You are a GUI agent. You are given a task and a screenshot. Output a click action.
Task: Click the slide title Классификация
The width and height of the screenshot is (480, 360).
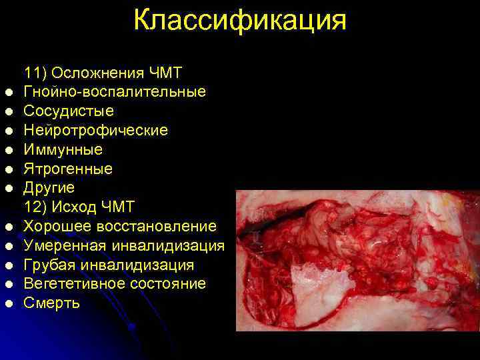(240, 20)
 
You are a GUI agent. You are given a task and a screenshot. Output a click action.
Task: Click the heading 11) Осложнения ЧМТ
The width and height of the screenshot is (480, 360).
(103, 72)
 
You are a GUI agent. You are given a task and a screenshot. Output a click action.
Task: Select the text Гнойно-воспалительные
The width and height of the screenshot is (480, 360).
(115, 91)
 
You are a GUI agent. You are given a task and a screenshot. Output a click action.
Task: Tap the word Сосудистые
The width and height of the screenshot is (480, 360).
(69, 111)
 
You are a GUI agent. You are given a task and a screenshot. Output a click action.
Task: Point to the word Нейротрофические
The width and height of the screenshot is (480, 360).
(95, 130)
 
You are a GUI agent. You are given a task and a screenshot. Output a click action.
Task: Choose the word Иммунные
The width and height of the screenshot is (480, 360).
(63, 149)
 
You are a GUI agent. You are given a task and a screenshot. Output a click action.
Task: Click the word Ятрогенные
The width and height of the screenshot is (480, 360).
(68, 169)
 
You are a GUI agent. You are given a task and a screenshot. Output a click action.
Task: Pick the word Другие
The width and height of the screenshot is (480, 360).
(49, 188)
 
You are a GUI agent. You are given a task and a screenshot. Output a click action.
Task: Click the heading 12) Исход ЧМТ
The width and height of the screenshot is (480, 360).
(89, 207)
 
